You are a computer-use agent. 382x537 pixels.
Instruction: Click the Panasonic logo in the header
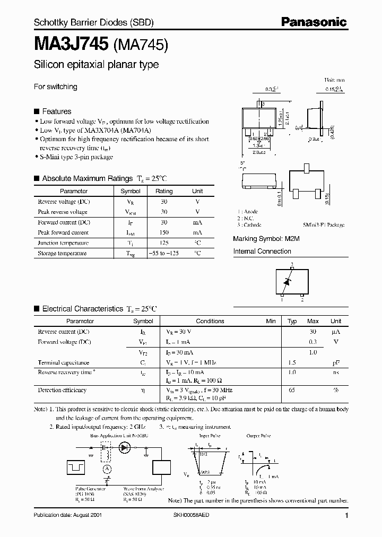[314, 22]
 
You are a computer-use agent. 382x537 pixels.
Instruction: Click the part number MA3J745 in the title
[71, 44]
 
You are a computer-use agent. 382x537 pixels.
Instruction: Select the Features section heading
[56, 111]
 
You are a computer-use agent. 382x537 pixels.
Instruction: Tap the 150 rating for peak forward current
[164, 232]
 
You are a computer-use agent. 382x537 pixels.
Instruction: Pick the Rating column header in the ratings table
[164, 191]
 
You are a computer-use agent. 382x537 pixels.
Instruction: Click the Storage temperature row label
[62, 253]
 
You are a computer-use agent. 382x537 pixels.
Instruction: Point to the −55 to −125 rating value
[164, 253]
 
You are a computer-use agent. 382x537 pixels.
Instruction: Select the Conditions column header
[210, 321]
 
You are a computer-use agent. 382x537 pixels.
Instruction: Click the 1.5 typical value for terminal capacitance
[292, 362]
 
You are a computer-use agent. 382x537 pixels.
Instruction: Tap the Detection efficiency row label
[62, 390]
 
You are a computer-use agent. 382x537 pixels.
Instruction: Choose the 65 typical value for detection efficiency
[292, 390]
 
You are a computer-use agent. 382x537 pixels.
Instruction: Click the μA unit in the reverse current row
[335, 332]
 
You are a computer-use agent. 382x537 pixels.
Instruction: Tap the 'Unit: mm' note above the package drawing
[335, 79]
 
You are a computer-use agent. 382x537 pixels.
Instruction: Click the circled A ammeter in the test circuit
[107, 469]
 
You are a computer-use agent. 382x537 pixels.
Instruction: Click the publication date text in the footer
[68, 515]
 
